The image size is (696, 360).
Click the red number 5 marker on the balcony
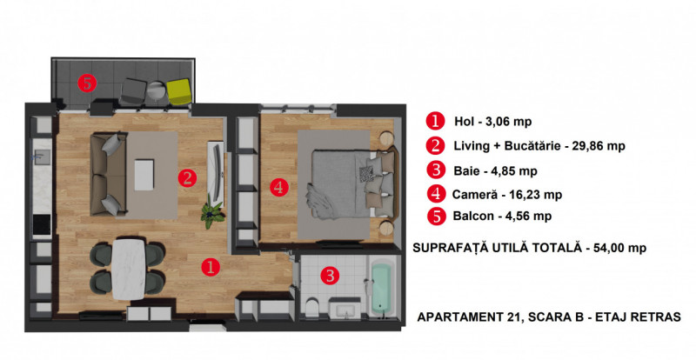click(x=86, y=83)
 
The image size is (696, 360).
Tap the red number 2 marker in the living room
click(x=186, y=178)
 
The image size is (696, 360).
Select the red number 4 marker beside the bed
click(x=278, y=186)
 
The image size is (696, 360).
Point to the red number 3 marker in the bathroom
click(x=330, y=277)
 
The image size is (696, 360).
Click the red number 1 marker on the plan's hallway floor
click(x=209, y=267)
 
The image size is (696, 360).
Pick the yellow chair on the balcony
click(x=178, y=90)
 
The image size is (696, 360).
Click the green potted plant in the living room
click(x=211, y=214)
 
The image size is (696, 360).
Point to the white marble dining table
click(x=131, y=264)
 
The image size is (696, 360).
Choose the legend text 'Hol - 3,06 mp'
click(x=492, y=122)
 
